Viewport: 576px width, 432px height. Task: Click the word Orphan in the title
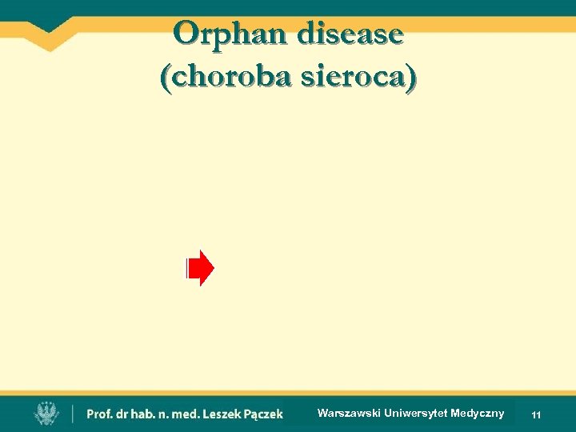pyautogui.click(x=231, y=34)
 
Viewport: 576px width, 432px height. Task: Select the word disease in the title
pyautogui.click(x=350, y=34)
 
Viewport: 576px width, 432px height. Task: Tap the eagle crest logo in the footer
pyautogui.click(x=47, y=413)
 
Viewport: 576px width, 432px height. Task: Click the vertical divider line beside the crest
pyautogui.click(x=73, y=414)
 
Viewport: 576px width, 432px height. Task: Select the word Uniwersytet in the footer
pyautogui.click(x=416, y=414)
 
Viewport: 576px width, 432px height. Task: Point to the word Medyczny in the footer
pyautogui.click(x=478, y=414)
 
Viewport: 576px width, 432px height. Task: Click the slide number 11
pyautogui.click(x=536, y=415)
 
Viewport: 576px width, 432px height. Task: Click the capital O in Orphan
pyautogui.click(x=185, y=34)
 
